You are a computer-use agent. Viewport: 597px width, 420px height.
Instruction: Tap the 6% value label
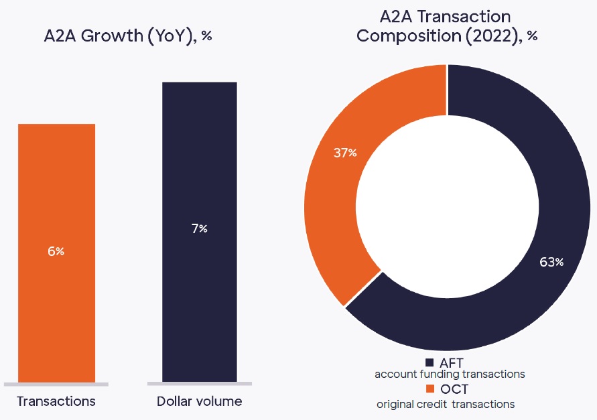(x=56, y=251)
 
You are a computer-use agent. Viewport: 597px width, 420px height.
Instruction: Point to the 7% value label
(x=199, y=229)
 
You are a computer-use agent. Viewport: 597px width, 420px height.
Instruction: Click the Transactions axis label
(x=56, y=402)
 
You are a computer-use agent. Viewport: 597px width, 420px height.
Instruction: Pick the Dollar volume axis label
(x=199, y=402)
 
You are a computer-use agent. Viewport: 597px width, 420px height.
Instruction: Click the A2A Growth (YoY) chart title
(x=127, y=36)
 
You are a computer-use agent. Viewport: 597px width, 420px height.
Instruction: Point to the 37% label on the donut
(x=345, y=153)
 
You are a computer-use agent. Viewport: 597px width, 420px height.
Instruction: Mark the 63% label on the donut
(x=551, y=262)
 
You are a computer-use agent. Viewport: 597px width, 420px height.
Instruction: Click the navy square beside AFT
(x=429, y=362)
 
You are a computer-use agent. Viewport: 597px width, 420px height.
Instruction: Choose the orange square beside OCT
(x=429, y=389)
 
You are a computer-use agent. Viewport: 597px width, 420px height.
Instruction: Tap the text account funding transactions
(x=450, y=374)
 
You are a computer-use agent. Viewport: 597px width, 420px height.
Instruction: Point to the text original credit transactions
(x=446, y=404)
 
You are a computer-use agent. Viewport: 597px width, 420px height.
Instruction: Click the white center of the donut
(x=447, y=208)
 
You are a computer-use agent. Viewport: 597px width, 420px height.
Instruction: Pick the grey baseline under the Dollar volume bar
(x=199, y=384)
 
